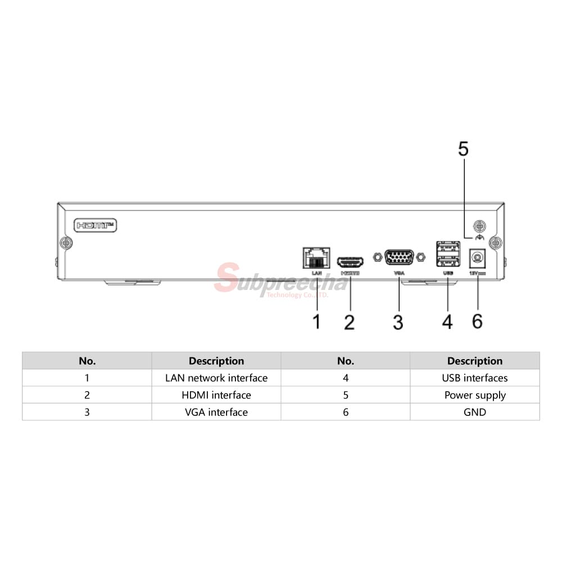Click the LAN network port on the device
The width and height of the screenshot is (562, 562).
(x=315, y=258)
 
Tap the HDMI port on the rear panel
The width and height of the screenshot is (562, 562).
(x=350, y=262)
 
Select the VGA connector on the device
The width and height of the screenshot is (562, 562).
(x=399, y=258)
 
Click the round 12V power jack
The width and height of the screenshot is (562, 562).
(x=477, y=259)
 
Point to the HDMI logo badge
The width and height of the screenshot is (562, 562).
(x=96, y=225)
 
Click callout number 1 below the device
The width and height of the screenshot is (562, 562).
(x=316, y=322)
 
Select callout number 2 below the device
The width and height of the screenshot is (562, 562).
(x=349, y=322)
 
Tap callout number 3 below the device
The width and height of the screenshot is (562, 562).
(x=398, y=322)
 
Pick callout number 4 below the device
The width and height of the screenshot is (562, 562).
(x=447, y=322)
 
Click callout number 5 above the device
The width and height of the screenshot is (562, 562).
(x=463, y=149)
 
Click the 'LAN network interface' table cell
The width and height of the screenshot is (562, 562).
(x=216, y=378)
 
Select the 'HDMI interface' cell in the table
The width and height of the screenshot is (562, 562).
(x=216, y=395)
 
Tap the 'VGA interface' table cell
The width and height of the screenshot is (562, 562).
(x=216, y=412)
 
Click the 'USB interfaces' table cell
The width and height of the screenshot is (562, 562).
(x=475, y=378)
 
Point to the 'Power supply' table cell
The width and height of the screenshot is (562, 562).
(x=475, y=395)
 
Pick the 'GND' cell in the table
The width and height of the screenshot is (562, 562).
(x=475, y=412)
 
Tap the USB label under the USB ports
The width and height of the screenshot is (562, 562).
(x=448, y=273)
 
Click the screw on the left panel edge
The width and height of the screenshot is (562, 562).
(x=65, y=243)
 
